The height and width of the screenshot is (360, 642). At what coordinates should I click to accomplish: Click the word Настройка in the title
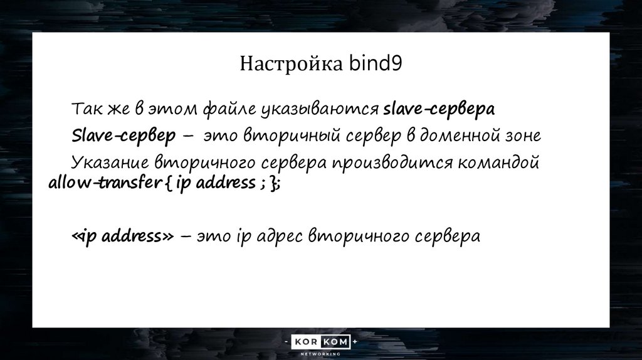tap(292, 65)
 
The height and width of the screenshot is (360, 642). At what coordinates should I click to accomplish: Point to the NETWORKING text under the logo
tap(320, 354)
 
